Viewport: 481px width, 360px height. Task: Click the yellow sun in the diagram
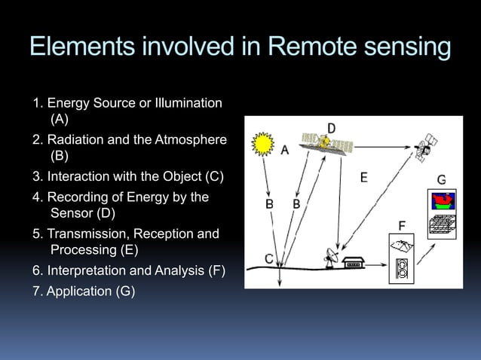click(x=262, y=142)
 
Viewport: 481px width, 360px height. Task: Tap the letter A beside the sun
click(x=285, y=151)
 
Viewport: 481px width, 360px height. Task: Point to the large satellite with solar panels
click(x=326, y=143)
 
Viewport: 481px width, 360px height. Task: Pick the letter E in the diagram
click(x=363, y=178)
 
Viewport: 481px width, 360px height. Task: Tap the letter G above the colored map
click(x=441, y=180)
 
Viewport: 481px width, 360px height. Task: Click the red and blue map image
click(x=443, y=201)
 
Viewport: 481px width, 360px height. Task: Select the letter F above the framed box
click(x=403, y=225)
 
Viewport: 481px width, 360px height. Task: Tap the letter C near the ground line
click(x=268, y=258)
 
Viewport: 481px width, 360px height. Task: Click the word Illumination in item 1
click(x=186, y=102)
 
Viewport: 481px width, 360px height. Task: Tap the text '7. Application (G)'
click(x=84, y=291)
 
